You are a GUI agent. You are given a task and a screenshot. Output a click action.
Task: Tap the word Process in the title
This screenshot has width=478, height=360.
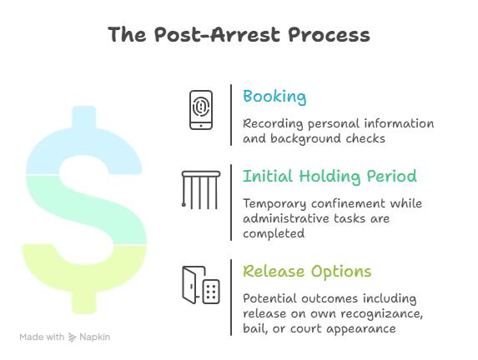click(x=329, y=34)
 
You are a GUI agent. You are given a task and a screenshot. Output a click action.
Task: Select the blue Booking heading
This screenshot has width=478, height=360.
click(x=274, y=97)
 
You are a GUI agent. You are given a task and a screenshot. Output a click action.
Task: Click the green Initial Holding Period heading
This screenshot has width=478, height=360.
click(x=330, y=177)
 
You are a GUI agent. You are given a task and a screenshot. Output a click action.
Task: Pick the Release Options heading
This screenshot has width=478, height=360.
click(x=307, y=272)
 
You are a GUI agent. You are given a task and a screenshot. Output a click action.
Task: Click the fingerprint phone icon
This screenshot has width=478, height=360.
click(x=201, y=110)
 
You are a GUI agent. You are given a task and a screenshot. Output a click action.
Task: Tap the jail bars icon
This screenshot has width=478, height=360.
click(x=201, y=190)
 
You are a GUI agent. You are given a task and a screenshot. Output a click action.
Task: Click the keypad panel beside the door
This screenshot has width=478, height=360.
click(x=211, y=292)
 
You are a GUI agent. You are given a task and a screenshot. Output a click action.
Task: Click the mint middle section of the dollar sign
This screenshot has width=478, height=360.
click(x=92, y=210)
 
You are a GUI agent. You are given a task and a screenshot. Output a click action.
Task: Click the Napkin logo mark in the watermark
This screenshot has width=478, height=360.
click(x=72, y=337)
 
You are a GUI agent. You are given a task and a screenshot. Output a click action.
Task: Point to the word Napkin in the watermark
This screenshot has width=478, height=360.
click(x=95, y=337)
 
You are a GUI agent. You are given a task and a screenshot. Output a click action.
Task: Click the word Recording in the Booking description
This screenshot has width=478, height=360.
click(x=273, y=124)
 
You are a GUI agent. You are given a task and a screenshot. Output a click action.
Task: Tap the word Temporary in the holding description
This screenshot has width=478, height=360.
click(x=274, y=204)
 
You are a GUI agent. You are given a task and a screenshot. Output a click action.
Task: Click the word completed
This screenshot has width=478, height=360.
click(x=274, y=233)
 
